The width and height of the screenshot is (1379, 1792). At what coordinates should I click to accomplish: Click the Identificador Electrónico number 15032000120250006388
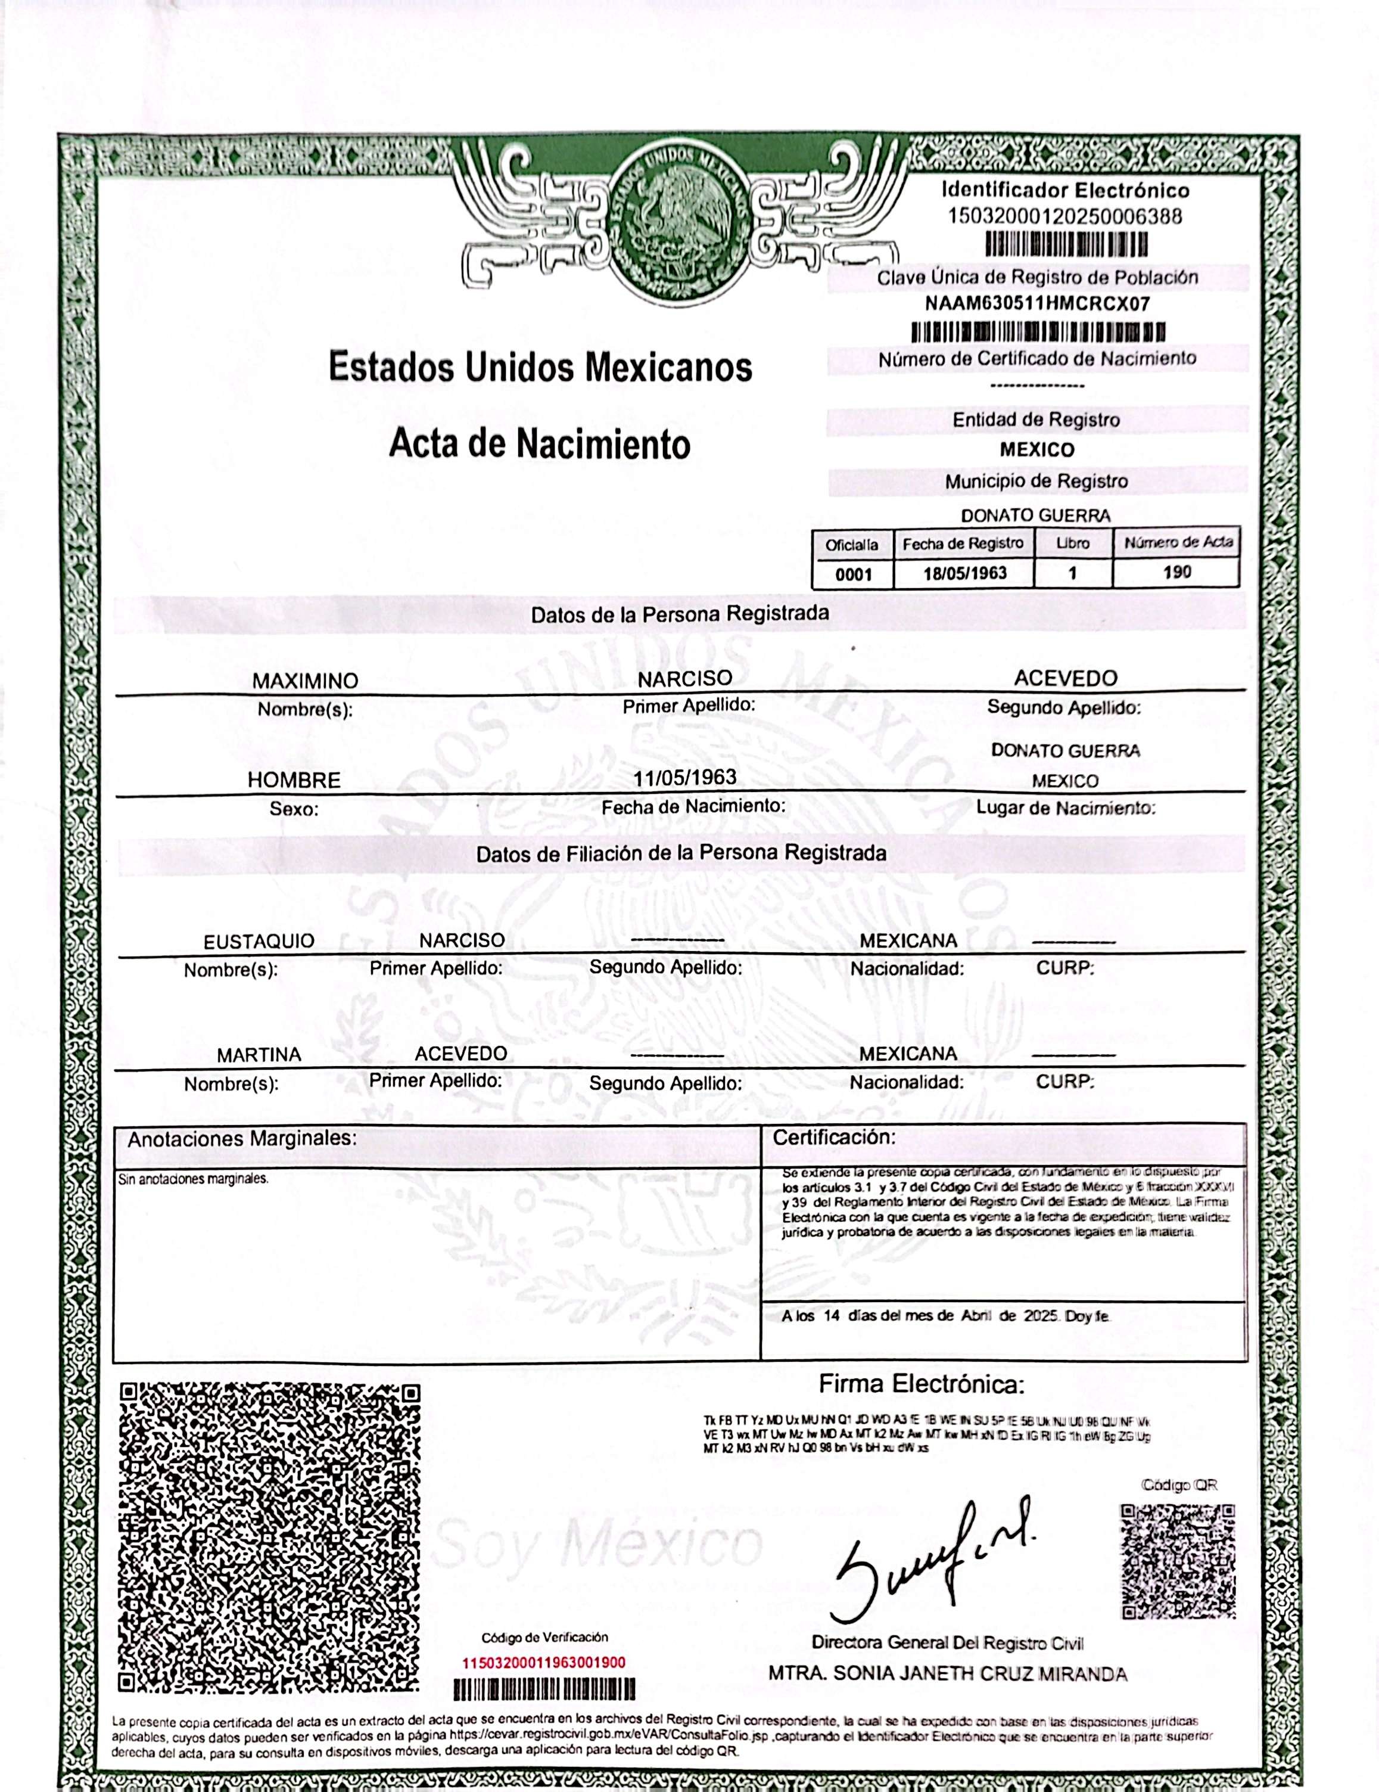click(1065, 216)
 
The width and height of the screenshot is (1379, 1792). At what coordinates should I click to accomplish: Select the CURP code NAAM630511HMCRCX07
click(1037, 303)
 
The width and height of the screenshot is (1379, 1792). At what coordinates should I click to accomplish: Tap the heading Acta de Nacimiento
click(539, 444)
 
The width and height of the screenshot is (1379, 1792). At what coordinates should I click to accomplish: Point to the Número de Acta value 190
click(1176, 572)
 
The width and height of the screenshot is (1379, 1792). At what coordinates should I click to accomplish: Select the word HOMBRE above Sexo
click(294, 779)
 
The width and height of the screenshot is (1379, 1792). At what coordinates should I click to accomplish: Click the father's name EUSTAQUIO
click(259, 941)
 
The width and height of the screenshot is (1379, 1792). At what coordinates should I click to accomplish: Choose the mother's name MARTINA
click(259, 1054)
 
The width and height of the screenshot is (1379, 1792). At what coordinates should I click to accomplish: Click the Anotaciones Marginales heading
click(242, 1139)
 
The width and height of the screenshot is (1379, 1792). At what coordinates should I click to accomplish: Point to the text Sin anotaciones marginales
click(193, 1179)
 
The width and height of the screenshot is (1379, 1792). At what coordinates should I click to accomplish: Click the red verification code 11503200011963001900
click(544, 1662)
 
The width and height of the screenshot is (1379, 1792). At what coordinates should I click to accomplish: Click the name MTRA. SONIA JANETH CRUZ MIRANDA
click(948, 1674)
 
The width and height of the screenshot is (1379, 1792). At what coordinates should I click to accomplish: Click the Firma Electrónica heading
click(922, 1385)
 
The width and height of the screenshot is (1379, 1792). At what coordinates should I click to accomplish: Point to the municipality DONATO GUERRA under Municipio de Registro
click(1035, 515)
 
